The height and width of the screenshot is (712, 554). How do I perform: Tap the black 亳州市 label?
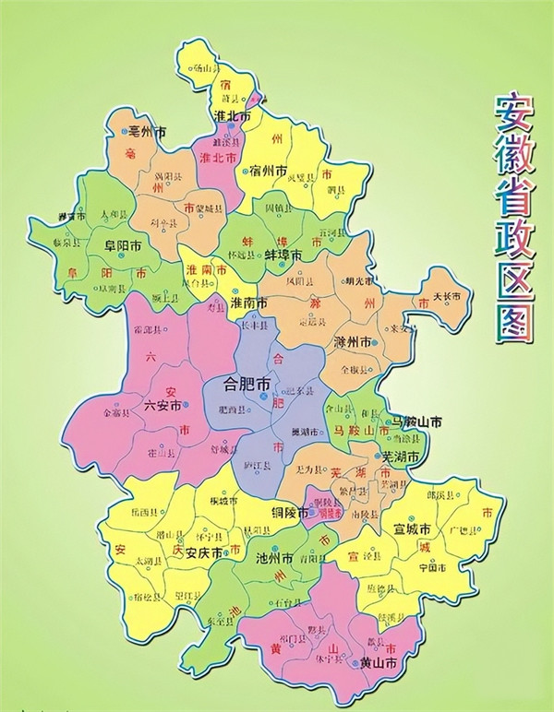148,132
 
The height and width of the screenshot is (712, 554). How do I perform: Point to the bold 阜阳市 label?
122,246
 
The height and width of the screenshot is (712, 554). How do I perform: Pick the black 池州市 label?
274,558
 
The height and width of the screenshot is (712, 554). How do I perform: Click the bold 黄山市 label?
379,662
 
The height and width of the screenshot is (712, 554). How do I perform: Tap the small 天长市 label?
452,298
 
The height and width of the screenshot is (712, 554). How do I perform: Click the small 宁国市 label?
432,568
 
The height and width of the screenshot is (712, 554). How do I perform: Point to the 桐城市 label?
223,500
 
